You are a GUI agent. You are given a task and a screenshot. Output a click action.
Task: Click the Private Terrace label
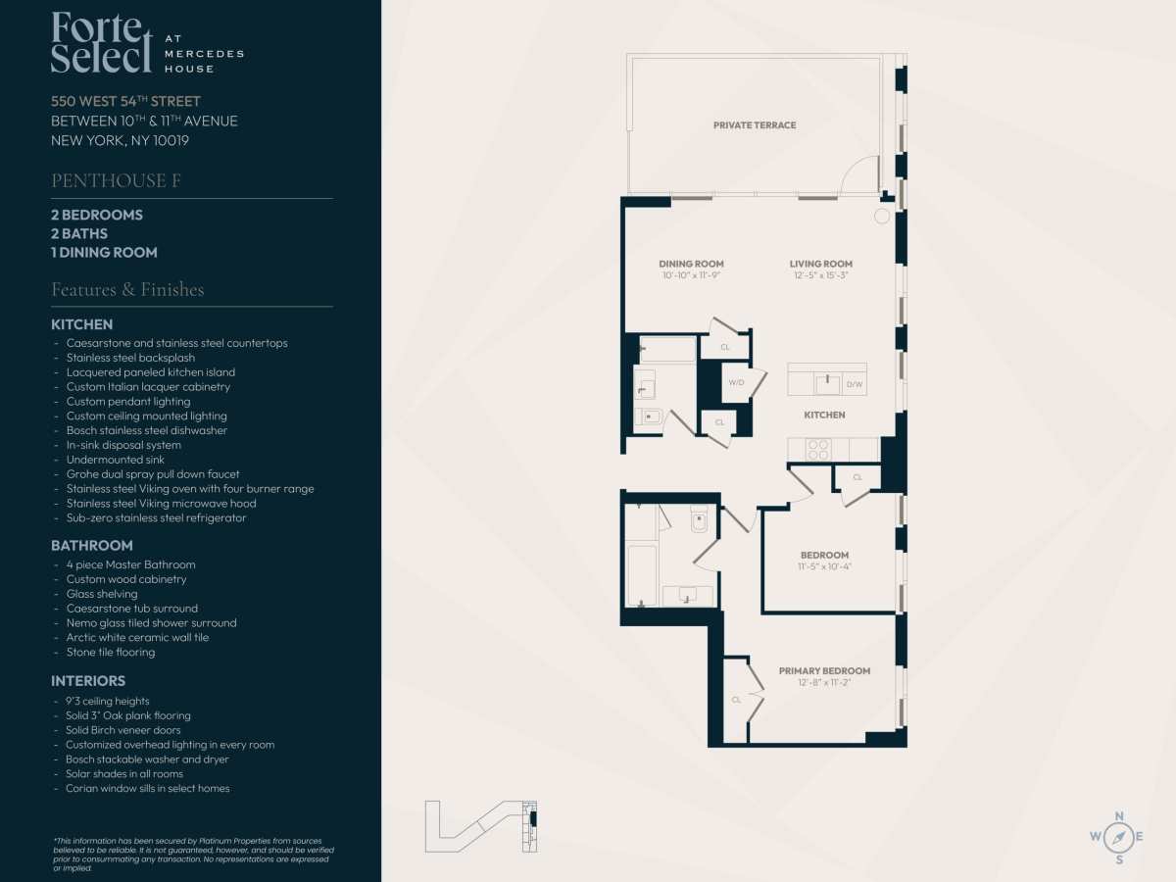click(755, 125)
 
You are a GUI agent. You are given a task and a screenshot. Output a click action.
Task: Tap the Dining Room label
click(691, 264)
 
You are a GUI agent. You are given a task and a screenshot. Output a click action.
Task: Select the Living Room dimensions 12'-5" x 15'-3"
click(821, 275)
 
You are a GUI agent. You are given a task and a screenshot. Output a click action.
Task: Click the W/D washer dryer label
click(736, 382)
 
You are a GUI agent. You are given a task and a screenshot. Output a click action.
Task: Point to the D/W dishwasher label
click(855, 384)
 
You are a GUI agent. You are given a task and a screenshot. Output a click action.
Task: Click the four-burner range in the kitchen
click(818, 449)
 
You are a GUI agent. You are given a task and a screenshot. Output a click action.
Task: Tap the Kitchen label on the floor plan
click(824, 415)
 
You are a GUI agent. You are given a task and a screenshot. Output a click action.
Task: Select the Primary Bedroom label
click(824, 671)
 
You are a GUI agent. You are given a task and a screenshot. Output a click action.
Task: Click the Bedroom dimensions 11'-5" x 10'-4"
click(824, 566)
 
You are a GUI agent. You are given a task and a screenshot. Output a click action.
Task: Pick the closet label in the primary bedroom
click(736, 700)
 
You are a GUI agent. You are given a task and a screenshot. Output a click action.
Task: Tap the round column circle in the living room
click(882, 217)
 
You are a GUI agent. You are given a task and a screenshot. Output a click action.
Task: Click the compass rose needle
click(1119, 837)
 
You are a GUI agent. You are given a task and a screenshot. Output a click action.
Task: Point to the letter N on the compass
click(1119, 816)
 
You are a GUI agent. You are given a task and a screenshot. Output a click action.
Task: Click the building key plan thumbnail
click(481, 826)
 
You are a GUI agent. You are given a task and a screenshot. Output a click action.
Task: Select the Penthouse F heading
click(116, 180)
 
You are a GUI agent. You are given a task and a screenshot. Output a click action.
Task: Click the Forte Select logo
click(147, 42)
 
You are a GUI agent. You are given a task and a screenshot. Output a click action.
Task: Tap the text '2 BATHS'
click(79, 233)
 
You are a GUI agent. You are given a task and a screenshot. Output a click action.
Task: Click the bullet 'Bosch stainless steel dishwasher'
click(146, 430)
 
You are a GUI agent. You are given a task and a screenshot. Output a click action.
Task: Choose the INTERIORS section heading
click(88, 681)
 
